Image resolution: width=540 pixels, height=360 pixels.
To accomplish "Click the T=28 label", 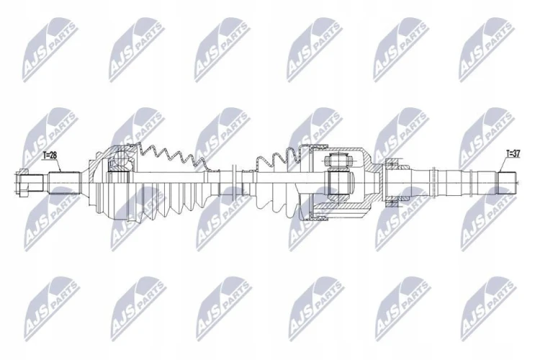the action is click(x=50, y=156).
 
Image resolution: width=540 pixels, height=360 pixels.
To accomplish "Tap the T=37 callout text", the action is click(x=513, y=154).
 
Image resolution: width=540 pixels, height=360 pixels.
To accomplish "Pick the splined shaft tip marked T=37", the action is click(x=507, y=183).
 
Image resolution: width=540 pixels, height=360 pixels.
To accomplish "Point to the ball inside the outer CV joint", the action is click(x=120, y=159).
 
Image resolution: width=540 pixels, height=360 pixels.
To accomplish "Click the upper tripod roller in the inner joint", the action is click(x=337, y=160).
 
